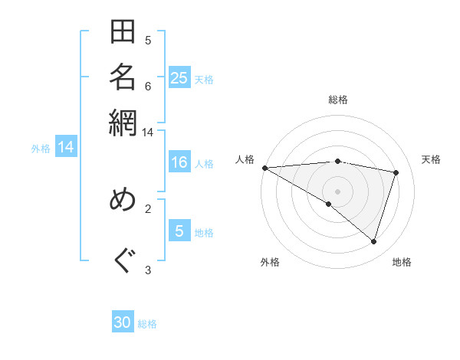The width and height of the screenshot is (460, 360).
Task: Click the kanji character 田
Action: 123,34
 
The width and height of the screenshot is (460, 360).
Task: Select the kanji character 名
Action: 123,77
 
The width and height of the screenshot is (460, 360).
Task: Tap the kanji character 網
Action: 123,120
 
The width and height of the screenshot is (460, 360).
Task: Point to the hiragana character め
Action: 123,200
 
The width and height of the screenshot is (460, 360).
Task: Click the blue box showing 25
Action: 179,78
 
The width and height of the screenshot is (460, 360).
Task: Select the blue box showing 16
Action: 179,163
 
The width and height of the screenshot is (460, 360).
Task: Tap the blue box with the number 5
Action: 179,231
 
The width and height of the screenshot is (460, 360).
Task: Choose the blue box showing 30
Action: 123,322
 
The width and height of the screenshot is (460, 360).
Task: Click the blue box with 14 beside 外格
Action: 66,147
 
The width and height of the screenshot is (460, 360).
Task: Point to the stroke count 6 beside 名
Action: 148,85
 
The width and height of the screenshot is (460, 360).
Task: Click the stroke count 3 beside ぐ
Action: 148,269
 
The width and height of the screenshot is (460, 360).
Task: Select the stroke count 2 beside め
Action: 148,208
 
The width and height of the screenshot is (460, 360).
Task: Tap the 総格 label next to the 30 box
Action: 147,324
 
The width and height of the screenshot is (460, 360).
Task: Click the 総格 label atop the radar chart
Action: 338,100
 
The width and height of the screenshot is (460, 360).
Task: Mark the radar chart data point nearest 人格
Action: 264,168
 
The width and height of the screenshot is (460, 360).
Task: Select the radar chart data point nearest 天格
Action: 396,172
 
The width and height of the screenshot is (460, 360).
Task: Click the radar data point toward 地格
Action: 374,242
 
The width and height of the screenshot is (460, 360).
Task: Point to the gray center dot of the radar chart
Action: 338,191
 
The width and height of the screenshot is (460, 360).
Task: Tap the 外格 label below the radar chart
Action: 270,263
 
